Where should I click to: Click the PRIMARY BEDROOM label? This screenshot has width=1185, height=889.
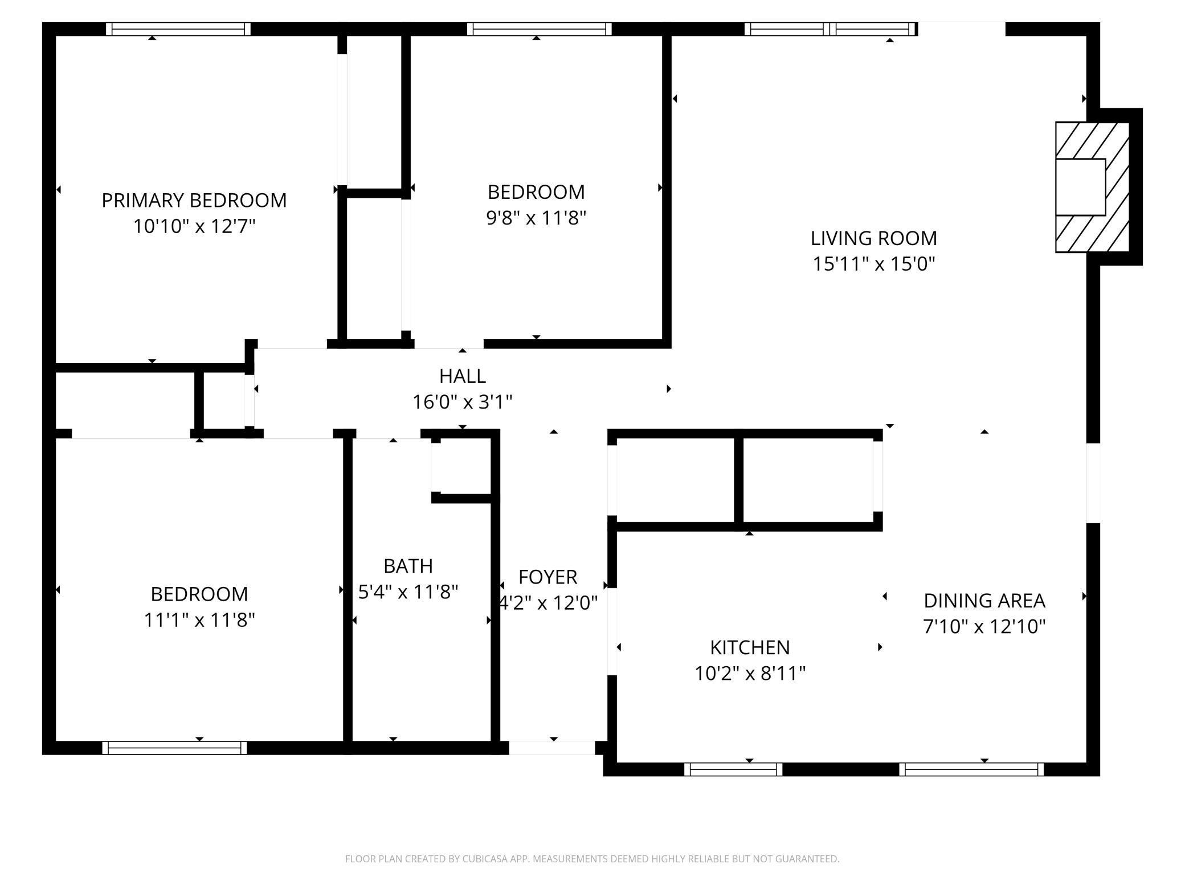tap(194, 201)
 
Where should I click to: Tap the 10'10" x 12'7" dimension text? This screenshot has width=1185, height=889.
tap(194, 227)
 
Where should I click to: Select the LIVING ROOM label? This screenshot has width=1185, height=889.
tap(873, 238)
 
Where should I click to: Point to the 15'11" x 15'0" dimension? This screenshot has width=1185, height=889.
tap(873, 264)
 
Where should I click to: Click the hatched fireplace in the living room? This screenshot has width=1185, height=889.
tap(1092, 187)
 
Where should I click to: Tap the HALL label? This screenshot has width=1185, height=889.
tap(462, 376)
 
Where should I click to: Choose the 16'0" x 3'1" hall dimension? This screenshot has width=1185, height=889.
tap(462, 402)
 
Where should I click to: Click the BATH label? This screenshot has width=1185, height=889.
tap(408, 566)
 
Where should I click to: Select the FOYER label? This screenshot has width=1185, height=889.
tap(547, 577)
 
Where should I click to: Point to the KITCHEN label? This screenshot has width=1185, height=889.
tap(750, 647)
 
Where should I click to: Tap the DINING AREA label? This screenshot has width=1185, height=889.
tap(984, 601)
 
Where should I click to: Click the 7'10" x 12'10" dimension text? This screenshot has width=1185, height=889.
tap(984, 627)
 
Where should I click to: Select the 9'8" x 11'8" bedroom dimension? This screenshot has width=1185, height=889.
tap(536, 218)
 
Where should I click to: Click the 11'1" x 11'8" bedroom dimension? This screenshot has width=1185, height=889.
tap(199, 620)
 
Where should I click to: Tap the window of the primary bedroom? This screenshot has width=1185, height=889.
tap(178, 29)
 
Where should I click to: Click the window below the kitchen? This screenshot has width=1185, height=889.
tap(733, 769)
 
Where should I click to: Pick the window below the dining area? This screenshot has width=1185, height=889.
tap(971, 769)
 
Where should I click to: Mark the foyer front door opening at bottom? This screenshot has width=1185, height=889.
tap(551, 747)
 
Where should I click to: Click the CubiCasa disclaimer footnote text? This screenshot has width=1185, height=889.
tap(592, 859)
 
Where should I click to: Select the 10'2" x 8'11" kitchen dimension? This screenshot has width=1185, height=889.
tap(750, 674)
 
